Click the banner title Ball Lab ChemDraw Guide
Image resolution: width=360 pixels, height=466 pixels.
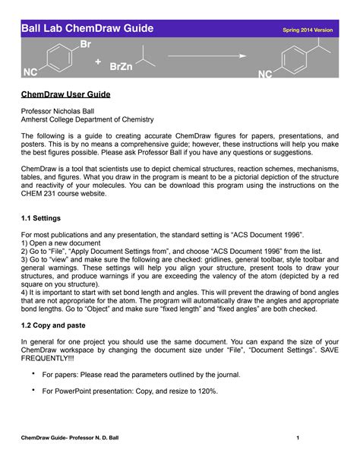(x=87, y=29)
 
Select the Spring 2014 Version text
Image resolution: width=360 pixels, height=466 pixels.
(x=308, y=30)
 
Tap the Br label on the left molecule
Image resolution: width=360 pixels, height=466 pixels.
(x=85, y=46)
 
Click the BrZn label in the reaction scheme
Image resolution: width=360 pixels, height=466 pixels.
(x=121, y=68)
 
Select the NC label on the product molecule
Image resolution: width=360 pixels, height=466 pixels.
(x=265, y=74)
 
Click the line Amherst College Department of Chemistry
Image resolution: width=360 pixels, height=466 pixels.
(x=87, y=119)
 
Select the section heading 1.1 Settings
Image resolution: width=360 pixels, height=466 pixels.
(x=44, y=217)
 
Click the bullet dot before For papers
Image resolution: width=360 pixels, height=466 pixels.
(x=34, y=374)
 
